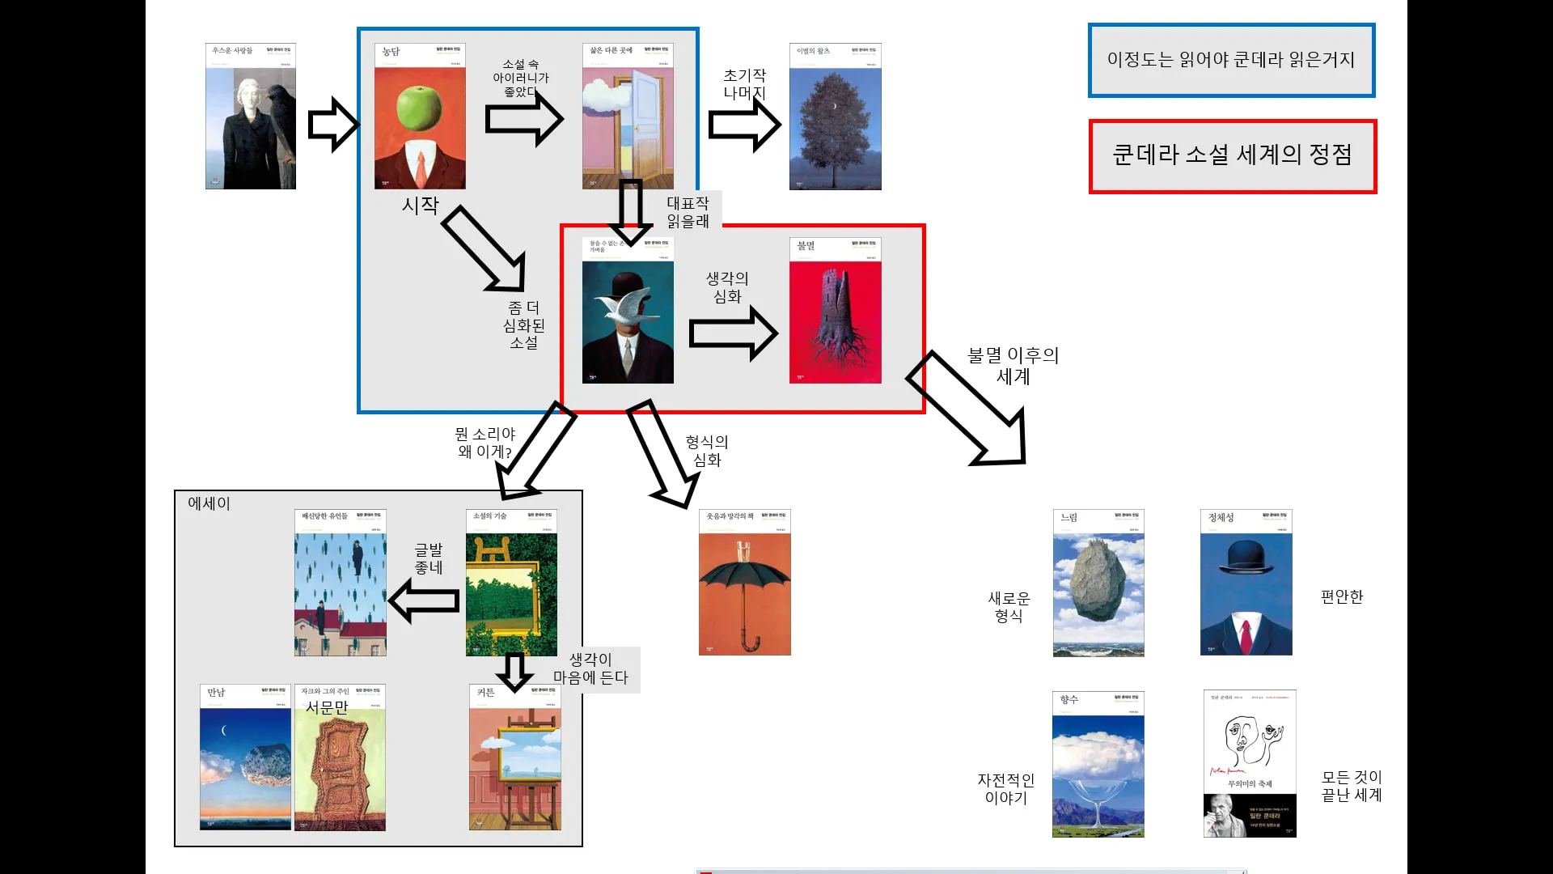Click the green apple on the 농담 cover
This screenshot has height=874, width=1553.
coord(419,114)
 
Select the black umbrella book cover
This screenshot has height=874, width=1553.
coord(744,583)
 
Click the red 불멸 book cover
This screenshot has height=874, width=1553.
coord(835,311)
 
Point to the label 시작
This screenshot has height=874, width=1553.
coord(421,206)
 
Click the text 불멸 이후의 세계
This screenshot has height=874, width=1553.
coord(1013,365)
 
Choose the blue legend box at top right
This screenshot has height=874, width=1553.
coord(1231,61)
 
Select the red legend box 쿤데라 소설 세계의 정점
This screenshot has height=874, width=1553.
coord(1232,156)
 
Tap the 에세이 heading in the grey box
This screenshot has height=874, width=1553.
coord(209,503)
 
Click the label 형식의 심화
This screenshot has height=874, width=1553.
coord(707,451)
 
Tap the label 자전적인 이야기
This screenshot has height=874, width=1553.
coord(1005,789)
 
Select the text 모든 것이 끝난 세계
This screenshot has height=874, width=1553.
coord(1352,786)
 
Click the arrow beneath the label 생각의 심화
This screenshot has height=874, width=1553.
coord(733,333)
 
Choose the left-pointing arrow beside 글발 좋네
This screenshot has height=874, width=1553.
coord(424,600)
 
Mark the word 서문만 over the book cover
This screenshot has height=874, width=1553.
coord(327,707)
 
